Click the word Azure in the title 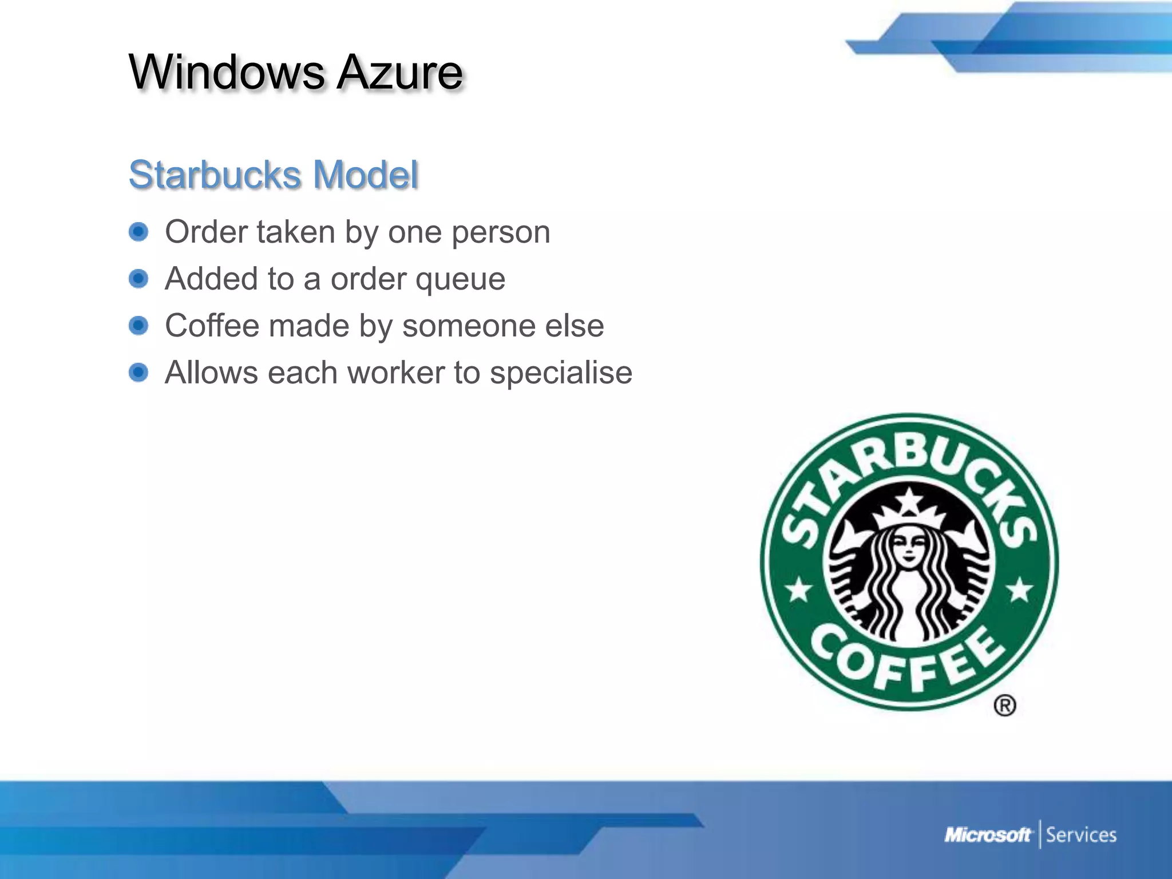pyautogui.click(x=399, y=73)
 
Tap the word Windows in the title pyautogui.click(x=227, y=73)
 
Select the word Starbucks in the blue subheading pyautogui.click(x=215, y=175)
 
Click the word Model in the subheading pyautogui.click(x=366, y=175)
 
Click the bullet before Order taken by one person pyautogui.click(x=138, y=232)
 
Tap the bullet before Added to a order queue pyautogui.click(x=138, y=279)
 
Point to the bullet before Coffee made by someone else pyautogui.click(x=138, y=326)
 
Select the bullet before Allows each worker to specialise pyautogui.click(x=138, y=373)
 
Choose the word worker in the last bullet pyautogui.click(x=396, y=373)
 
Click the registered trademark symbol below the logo pyautogui.click(x=1005, y=705)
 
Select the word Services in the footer pyautogui.click(x=1081, y=836)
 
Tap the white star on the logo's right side pyautogui.click(x=1019, y=589)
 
